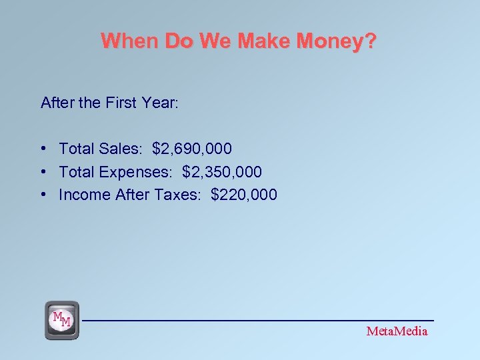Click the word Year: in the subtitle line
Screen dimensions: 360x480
click(160, 103)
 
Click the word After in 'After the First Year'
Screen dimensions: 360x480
click(56, 103)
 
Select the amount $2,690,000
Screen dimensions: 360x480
click(192, 148)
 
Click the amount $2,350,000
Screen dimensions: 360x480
click(222, 172)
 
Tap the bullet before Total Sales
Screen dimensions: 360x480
click(43, 148)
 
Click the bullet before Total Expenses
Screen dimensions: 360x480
click(43, 172)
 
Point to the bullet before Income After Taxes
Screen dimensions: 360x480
click(43, 195)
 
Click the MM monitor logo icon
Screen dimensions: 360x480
click(62, 320)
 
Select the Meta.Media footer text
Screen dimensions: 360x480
click(397, 331)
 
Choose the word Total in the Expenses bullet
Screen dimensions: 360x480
click(76, 172)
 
